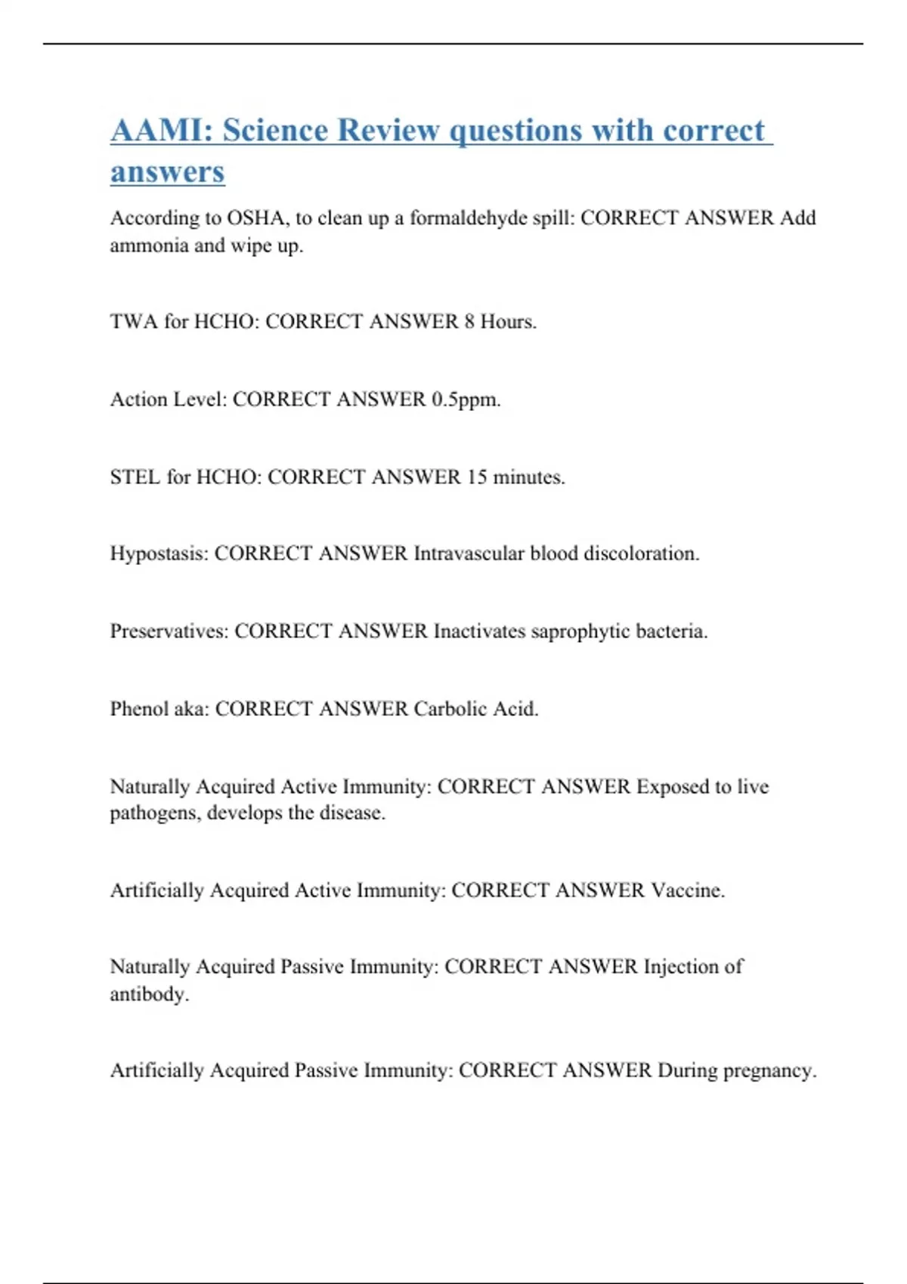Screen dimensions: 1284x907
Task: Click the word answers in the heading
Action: click(x=167, y=171)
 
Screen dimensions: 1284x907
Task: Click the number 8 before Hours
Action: click(x=469, y=322)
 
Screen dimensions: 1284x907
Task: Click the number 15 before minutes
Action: click(x=477, y=477)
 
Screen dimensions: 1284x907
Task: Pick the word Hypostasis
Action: click(x=158, y=554)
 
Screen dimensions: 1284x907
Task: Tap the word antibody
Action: click(x=149, y=994)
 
